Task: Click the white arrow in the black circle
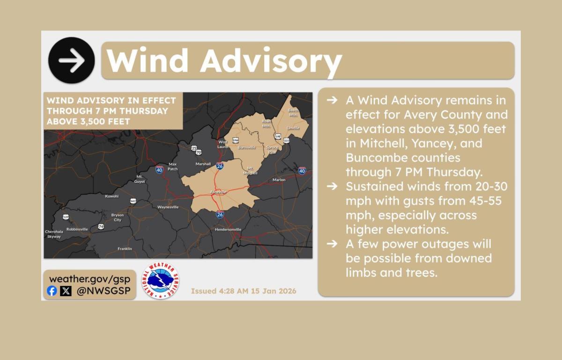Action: tap(72, 60)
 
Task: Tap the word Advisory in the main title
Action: tap(271, 60)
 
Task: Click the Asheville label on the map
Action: tap(218, 192)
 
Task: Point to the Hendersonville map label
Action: tap(228, 230)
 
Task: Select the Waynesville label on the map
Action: tap(168, 207)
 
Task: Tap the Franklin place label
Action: tap(125, 248)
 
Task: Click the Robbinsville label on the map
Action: tap(77, 229)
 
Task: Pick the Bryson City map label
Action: tap(117, 217)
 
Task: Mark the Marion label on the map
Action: tap(279, 180)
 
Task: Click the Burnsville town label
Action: tap(247, 147)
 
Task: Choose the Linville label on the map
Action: tap(293, 128)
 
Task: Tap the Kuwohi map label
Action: tap(111, 196)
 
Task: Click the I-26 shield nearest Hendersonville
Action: tap(220, 215)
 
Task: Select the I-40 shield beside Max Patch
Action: tap(159, 170)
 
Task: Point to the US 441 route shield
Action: tap(133, 201)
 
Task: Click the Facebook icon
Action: tap(52, 291)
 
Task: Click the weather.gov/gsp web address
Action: tap(89, 278)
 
